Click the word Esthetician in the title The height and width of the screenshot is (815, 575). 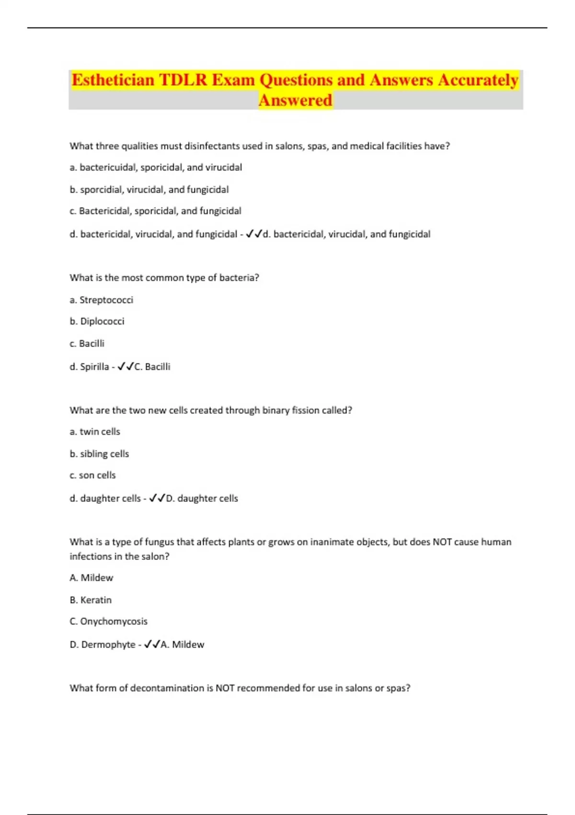[x=113, y=80]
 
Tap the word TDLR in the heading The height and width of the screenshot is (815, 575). [x=183, y=80]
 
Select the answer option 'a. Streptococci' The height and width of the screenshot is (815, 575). [x=101, y=300]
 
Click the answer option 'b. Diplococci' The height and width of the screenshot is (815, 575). [x=97, y=321]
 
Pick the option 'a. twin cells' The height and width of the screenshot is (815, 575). [x=95, y=431]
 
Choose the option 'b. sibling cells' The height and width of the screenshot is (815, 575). [x=99, y=454]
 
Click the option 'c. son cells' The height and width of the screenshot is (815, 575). [x=92, y=475]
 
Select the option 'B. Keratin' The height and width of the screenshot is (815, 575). [x=91, y=600]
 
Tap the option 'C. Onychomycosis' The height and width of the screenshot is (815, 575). [x=108, y=621]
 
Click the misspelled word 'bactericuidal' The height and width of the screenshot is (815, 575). [x=107, y=167]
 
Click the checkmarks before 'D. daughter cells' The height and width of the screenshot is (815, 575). [x=157, y=498]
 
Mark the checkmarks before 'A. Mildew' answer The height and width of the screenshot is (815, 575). [x=152, y=644]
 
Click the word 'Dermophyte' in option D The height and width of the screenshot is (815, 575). [x=108, y=644]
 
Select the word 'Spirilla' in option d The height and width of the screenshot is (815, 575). [x=94, y=367]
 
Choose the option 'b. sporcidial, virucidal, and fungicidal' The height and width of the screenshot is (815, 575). [x=149, y=189]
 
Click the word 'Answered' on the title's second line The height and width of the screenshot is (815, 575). [x=295, y=100]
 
